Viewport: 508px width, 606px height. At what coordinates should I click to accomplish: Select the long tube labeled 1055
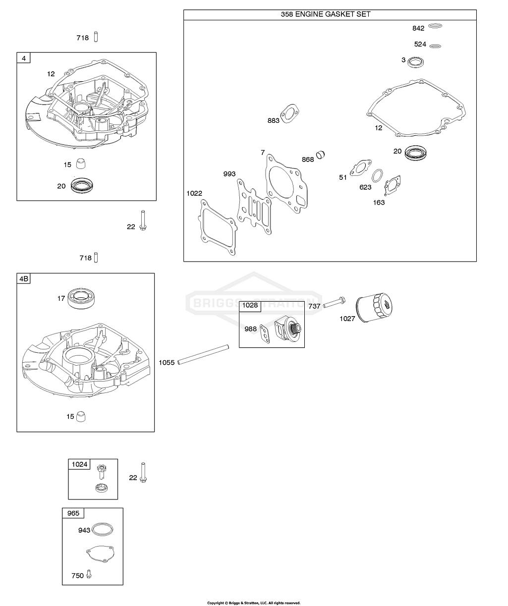[203, 355]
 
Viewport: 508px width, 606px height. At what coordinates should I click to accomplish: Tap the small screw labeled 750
[89, 574]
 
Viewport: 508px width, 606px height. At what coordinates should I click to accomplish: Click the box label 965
[73, 513]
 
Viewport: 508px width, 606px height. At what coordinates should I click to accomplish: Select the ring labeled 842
[435, 27]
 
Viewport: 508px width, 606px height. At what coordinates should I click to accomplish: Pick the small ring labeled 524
[436, 46]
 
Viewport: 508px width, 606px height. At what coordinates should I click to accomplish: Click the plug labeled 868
[322, 155]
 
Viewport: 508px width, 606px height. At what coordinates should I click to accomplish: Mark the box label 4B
[24, 279]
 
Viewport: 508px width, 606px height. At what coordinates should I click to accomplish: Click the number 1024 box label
[79, 464]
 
